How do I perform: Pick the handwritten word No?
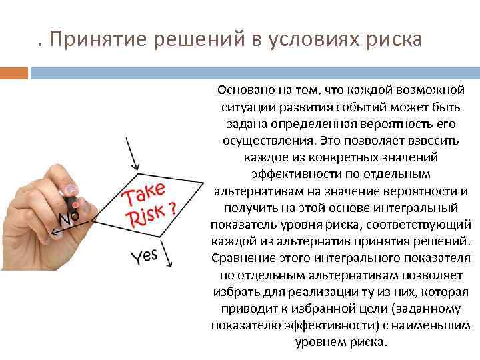[69, 218]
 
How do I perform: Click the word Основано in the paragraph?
[242, 90]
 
